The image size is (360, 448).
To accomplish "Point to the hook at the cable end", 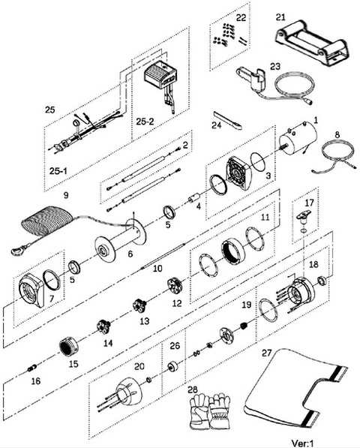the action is click(18, 250).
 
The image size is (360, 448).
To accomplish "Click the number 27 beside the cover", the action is click(266, 353).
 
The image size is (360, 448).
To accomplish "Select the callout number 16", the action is click(36, 381).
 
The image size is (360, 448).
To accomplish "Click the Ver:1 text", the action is click(304, 443).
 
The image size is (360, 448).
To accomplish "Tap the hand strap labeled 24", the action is click(228, 121).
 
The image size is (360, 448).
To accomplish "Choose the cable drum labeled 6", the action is click(121, 239).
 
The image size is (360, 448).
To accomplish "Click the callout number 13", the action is click(145, 321).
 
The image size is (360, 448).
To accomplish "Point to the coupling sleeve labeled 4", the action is click(193, 197).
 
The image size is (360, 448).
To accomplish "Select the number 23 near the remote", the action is click(275, 66).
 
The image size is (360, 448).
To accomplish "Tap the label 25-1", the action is click(58, 171).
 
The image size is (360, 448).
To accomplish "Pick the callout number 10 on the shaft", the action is click(157, 269).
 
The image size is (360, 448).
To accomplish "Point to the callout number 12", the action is click(177, 303).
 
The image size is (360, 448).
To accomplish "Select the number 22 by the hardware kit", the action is click(241, 18).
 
